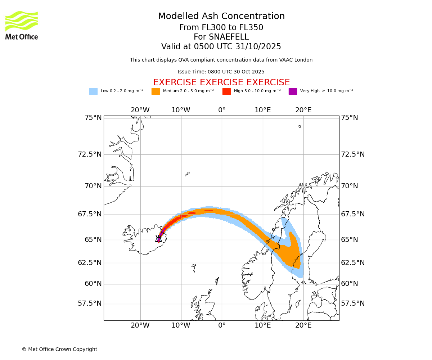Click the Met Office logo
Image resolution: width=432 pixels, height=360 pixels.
point(22,26)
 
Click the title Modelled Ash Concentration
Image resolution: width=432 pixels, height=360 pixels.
point(221,16)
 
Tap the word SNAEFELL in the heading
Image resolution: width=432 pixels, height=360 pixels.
point(221,37)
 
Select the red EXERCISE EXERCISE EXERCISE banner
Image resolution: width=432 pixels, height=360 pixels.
point(221,82)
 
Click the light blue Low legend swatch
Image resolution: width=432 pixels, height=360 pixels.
point(93,91)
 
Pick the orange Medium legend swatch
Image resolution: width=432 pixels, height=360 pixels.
point(156,91)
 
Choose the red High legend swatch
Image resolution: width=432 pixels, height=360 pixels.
point(226,91)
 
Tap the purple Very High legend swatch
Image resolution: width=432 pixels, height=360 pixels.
point(293,91)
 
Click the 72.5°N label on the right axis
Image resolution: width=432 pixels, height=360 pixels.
point(353,154)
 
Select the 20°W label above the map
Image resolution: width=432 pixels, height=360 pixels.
point(140,110)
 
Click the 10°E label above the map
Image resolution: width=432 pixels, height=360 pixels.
point(262,110)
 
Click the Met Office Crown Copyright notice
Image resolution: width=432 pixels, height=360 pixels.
point(59,349)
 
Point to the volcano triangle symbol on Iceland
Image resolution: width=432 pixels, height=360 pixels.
point(159,239)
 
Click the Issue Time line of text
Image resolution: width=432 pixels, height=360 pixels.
point(221,72)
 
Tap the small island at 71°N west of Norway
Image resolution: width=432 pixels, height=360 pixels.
point(187,174)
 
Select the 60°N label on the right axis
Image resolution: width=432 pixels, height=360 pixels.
point(350,284)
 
